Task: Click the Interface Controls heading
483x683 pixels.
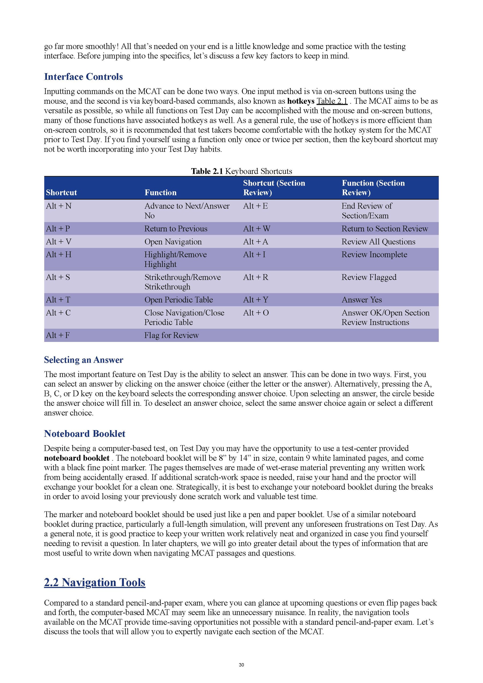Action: (x=83, y=77)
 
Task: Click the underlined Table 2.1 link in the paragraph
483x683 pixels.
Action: (x=332, y=101)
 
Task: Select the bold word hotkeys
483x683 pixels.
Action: (x=301, y=101)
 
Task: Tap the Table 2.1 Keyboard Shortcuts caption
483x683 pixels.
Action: (x=241, y=171)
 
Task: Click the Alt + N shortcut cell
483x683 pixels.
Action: (x=58, y=206)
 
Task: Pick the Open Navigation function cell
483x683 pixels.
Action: (x=173, y=242)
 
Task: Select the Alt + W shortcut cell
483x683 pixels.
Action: (x=257, y=228)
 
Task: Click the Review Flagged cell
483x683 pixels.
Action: (x=369, y=277)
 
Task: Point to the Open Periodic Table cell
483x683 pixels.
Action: (x=178, y=300)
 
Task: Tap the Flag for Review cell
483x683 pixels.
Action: (x=171, y=335)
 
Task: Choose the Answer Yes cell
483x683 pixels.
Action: (x=362, y=300)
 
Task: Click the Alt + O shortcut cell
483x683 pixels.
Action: (x=256, y=313)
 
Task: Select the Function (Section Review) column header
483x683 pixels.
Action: (x=373, y=188)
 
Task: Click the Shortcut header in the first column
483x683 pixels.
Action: (x=61, y=193)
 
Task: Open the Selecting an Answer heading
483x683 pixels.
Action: (x=83, y=360)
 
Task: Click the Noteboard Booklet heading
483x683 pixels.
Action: (x=85, y=434)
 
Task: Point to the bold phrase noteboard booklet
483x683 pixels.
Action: (x=76, y=458)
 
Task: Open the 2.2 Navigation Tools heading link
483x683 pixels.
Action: (x=95, y=582)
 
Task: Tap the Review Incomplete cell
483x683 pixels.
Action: (x=374, y=255)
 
